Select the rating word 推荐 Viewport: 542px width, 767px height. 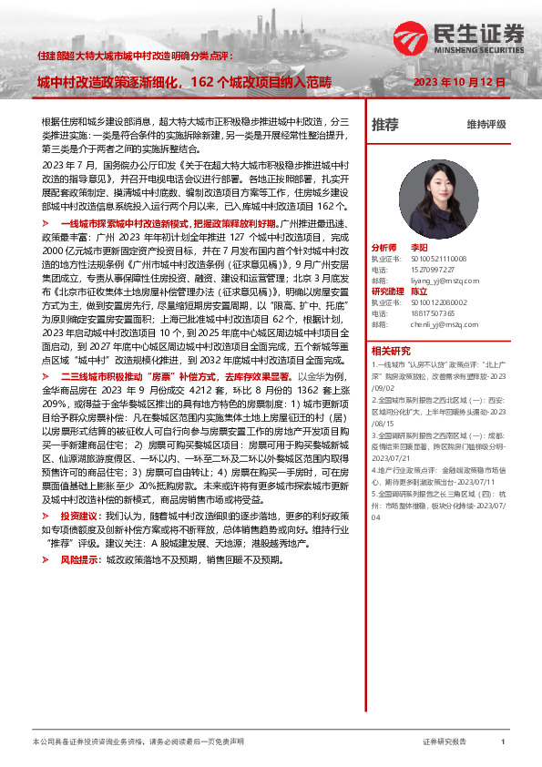(x=385, y=124)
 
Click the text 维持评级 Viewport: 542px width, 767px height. (x=486, y=125)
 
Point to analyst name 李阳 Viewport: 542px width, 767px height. (x=419, y=247)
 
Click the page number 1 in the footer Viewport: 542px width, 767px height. (x=503, y=742)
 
